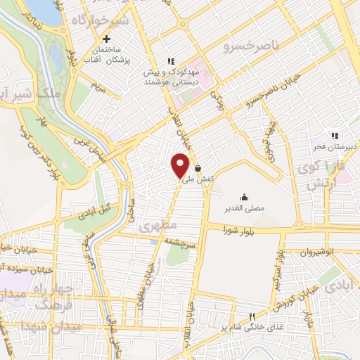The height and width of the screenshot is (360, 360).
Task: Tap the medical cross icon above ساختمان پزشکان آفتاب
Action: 106,39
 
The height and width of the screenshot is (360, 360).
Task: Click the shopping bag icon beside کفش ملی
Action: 199,169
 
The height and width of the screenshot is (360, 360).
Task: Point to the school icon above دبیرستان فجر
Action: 335,136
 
